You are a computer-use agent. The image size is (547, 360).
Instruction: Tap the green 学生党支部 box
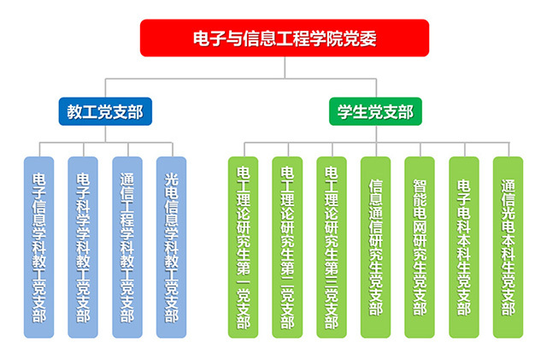375,111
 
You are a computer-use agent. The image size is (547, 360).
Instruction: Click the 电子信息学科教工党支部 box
39,246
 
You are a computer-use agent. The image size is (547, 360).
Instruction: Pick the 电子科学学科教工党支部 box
84,246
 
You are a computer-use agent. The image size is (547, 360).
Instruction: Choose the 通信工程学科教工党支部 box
126,246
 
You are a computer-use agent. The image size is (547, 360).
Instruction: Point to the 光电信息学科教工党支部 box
171,246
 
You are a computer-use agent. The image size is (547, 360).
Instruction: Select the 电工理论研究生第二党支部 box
287,246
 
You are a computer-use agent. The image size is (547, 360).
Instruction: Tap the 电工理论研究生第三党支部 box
331,246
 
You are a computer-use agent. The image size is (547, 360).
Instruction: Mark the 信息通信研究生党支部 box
375,246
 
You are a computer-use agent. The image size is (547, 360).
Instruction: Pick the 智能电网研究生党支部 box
420,246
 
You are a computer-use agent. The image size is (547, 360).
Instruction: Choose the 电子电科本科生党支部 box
464,246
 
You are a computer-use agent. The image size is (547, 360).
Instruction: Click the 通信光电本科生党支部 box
508,246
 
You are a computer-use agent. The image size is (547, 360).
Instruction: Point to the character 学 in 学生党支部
346,111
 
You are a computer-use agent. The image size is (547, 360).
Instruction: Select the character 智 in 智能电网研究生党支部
420,186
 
